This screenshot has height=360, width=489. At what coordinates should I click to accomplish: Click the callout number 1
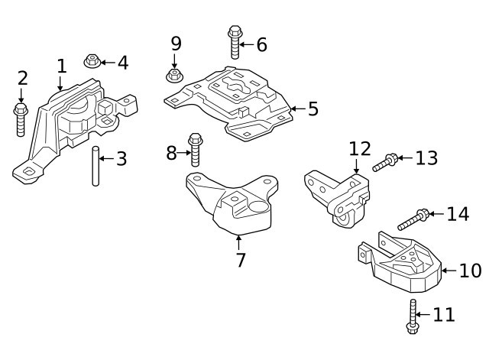(61, 66)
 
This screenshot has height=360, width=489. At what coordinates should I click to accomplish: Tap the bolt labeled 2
(20, 119)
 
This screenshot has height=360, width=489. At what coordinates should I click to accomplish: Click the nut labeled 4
(92, 61)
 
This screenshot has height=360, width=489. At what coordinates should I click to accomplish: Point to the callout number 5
(313, 109)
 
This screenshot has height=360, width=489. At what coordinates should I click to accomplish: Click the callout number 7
(240, 260)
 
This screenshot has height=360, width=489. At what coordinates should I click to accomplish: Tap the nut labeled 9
(174, 76)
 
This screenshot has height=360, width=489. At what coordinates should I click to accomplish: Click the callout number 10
(470, 270)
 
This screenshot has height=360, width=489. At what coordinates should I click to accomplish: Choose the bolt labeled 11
(413, 316)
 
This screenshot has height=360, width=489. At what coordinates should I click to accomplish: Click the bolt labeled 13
(385, 162)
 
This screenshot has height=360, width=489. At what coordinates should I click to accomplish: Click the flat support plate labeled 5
(229, 103)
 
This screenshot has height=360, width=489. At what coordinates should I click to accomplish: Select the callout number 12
(359, 148)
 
